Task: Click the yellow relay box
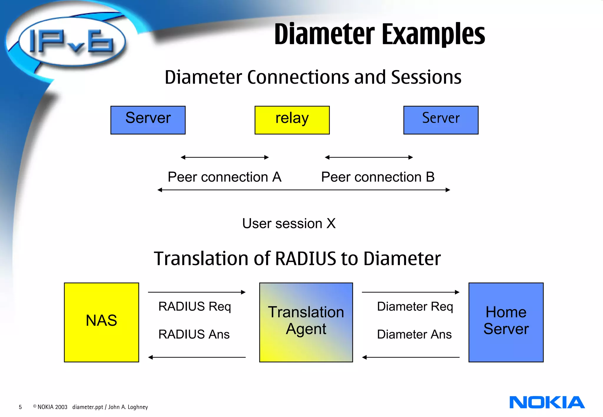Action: [x=292, y=120]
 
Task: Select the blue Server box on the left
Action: [x=148, y=120]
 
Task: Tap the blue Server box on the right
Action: [x=440, y=120]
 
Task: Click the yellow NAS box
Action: [x=101, y=322]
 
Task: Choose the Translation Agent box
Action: [x=306, y=322]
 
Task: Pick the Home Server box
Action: [x=506, y=322]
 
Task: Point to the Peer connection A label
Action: [x=224, y=177]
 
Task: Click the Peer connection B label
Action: [x=377, y=177]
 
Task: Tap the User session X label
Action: [x=289, y=223]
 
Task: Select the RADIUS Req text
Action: [x=194, y=307]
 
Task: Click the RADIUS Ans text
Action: [x=194, y=334]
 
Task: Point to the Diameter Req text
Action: [x=415, y=307]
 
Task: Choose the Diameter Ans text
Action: [x=414, y=334]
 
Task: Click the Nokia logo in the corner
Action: [x=546, y=402]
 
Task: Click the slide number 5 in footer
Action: [x=20, y=407]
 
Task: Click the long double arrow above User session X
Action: [x=304, y=190]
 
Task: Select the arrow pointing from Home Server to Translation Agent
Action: [x=410, y=357]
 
